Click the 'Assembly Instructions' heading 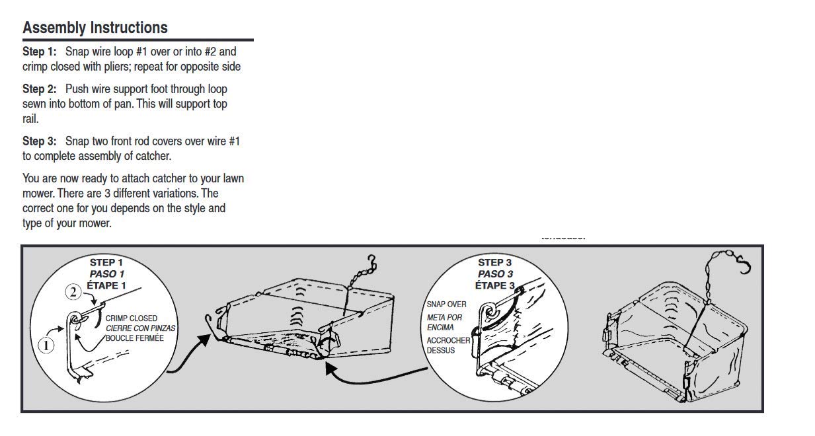(x=95, y=28)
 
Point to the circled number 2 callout (x=73, y=291)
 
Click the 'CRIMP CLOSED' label (x=131, y=318)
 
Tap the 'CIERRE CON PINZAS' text (x=141, y=328)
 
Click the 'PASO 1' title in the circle (x=107, y=273)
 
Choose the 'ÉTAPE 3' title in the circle (x=495, y=285)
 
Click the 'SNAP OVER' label (x=446, y=305)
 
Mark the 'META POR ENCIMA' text (x=444, y=322)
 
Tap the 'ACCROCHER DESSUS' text (x=447, y=345)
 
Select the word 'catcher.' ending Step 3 (x=152, y=157)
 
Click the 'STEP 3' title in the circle (x=495, y=262)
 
